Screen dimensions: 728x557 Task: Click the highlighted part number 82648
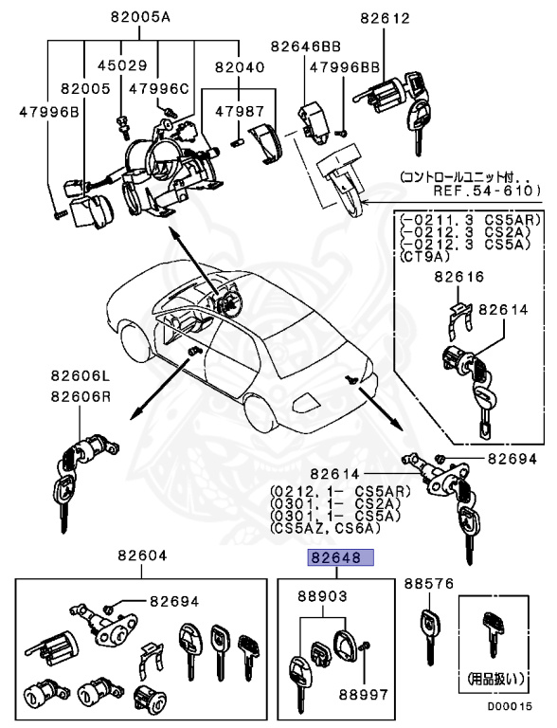[x=338, y=559]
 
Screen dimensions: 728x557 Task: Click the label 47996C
[x=159, y=89]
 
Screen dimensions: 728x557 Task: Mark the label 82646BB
[x=307, y=45]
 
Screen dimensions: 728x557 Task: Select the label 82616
[x=458, y=277]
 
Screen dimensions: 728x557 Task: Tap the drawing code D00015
[x=511, y=706]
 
